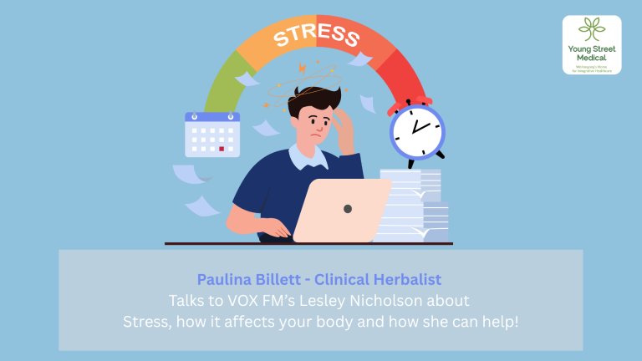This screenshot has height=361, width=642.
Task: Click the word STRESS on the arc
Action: (316, 33)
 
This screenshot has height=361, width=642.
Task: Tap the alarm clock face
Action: (417, 130)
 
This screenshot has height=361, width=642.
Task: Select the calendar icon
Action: (212, 134)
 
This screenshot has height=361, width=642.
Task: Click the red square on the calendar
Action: (222, 149)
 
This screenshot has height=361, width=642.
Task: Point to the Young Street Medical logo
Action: (592, 45)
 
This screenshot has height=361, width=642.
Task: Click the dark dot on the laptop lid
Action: (348, 208)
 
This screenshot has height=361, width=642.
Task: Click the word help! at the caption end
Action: (500, 322)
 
